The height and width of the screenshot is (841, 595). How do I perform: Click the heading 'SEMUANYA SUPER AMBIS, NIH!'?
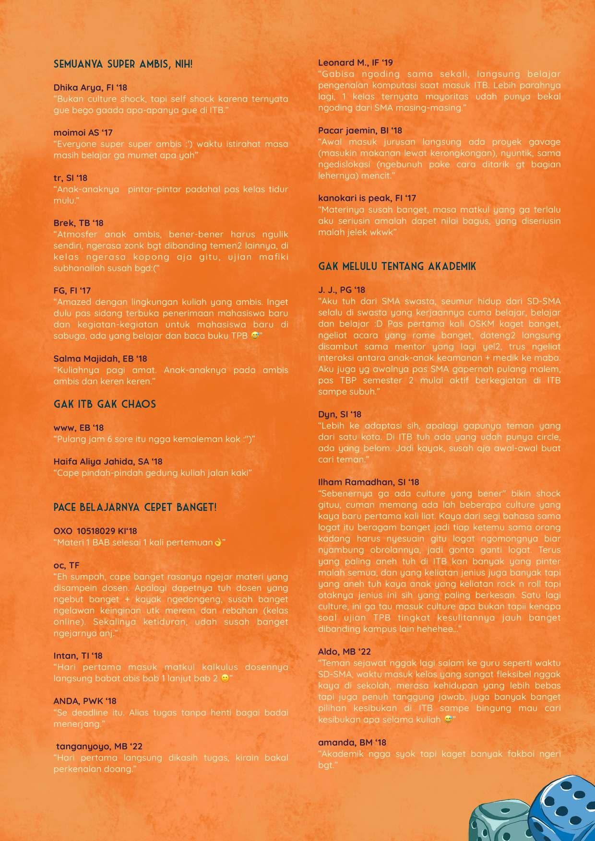click(x=123, y=64)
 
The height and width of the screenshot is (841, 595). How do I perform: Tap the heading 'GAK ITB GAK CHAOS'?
click(x=105, y=404)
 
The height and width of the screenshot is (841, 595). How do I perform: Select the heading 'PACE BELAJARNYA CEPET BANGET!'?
click(x=135, y=507)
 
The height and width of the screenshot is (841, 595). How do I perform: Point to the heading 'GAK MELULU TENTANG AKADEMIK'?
click(x=397, y=266)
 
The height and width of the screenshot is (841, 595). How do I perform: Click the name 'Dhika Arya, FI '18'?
click(x=90, y=88)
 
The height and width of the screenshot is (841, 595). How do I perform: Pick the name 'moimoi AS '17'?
click(x=83, y=133)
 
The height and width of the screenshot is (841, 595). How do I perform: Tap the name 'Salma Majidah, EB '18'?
click(x=100, y=359)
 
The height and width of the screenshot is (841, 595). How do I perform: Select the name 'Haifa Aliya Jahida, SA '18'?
click(x=108, y=462)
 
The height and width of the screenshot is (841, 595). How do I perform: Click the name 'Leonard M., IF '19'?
click(x=356, y=63)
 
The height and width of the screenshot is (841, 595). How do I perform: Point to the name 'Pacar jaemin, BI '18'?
click(x=360, y=130)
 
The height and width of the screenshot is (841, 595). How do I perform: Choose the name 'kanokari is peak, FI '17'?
click(x=367, y=198)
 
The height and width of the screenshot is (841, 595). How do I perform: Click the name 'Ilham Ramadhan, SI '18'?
click(x=369, y=482)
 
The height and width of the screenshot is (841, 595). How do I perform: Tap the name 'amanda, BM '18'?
click(x=352, y=742)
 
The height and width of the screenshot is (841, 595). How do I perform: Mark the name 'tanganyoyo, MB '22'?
click(x=99, y=747)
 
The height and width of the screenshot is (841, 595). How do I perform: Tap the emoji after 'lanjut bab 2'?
click(x=226, y=678)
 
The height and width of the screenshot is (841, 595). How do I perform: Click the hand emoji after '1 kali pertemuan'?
click(x=218, y=542)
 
